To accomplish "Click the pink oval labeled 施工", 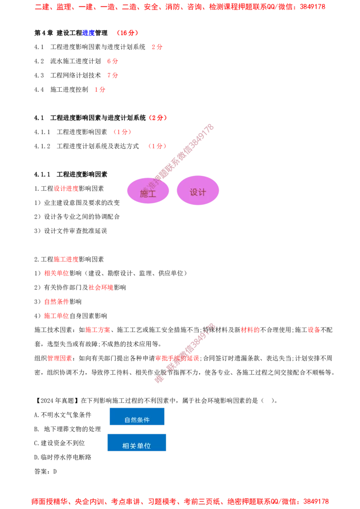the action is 148,191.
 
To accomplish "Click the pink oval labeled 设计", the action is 198,190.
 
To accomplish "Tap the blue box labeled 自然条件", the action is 137,416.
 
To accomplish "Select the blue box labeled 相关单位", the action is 137,442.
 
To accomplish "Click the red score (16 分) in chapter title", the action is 127,33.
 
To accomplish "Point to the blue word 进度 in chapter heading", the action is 88,33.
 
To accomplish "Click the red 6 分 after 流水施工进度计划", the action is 113,61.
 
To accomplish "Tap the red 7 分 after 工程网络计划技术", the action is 113,75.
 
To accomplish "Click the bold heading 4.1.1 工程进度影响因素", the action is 71,174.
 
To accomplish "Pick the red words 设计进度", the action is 66,188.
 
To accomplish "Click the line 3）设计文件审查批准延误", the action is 71,231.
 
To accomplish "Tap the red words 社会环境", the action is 101,287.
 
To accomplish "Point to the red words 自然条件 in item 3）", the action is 57,302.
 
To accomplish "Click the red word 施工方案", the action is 98,330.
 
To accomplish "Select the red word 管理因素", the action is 60,358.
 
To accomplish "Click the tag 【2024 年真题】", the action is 57,401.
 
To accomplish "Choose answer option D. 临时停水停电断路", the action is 63,457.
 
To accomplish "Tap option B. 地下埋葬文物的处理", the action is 67,429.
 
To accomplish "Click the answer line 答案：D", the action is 45,471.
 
